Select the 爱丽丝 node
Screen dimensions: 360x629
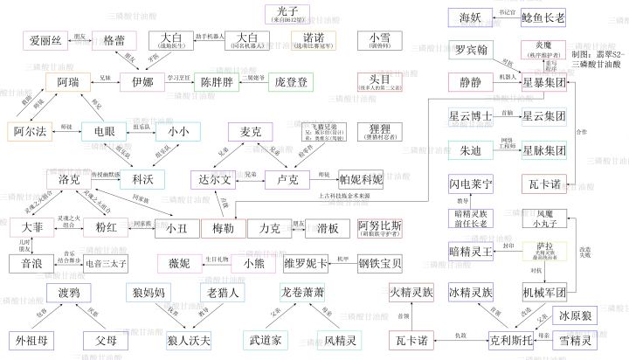point(45,40)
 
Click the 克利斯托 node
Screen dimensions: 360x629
point(497,338)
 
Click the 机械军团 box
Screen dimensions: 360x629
point(544,290)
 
